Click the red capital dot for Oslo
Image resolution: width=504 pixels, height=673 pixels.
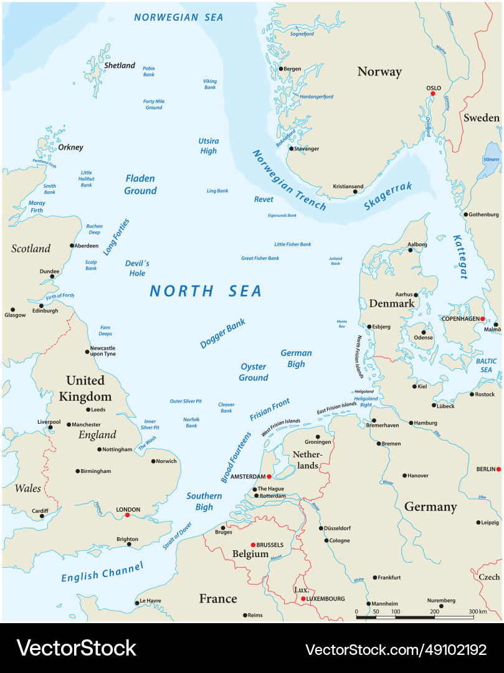[433, 93]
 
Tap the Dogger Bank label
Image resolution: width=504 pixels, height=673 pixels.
[222, 333]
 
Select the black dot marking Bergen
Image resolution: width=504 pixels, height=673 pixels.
[281, 69]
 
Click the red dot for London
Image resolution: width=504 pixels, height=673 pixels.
[127, 515]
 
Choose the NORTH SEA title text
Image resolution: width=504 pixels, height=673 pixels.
[206, 291]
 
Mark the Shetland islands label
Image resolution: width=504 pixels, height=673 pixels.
[120, 65]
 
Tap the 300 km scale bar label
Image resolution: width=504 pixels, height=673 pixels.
[478, 612]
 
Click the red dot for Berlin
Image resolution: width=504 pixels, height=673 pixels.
[499, 469]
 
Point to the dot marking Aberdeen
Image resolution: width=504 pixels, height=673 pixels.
[71, 246]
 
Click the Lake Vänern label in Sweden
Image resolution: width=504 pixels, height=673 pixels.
[492, 160]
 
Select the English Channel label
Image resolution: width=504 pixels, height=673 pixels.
[102, 572]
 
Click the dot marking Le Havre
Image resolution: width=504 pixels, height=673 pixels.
[137, 603]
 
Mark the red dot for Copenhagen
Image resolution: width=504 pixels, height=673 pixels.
[482, 318]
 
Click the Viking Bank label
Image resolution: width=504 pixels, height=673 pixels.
[210, 84]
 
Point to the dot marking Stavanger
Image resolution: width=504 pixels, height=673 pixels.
[291, 149]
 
